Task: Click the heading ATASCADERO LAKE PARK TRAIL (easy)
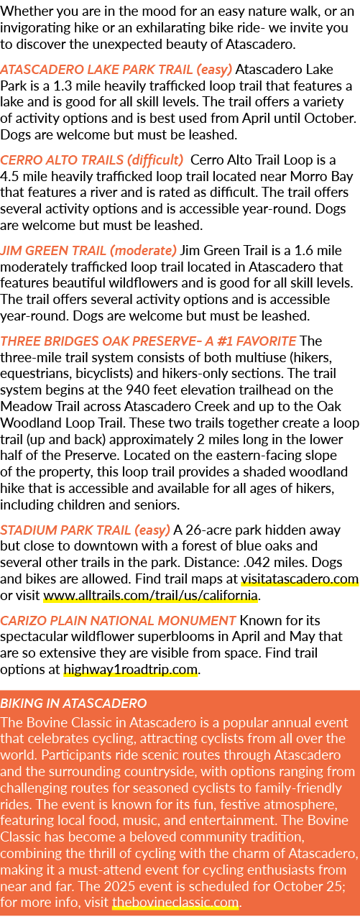116,70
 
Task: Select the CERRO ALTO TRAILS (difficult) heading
92,160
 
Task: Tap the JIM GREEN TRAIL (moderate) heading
88,251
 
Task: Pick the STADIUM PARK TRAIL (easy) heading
86,530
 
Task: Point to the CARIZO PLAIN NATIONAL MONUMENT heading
118,621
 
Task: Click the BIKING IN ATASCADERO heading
73,704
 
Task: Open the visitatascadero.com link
300,579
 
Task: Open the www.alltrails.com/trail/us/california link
151,596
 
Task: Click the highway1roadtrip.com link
131,670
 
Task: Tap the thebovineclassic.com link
175,903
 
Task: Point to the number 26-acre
207,530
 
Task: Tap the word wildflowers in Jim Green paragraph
181,283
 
